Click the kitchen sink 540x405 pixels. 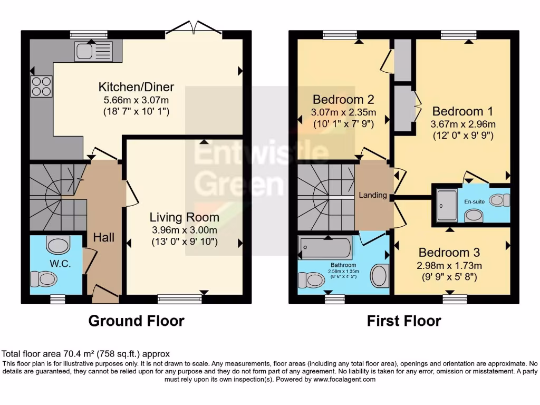[93, 51]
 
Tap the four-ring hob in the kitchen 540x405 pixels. [42, 86]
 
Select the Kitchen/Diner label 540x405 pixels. [136, 87]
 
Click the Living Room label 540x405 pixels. [184, 217]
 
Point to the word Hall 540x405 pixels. [104, 237]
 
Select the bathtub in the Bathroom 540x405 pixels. [325, 247]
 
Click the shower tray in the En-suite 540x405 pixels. [448, 206]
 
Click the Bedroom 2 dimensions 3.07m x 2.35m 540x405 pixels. [343, 112]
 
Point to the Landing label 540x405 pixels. [373, 195]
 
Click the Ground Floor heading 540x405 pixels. [136, 321]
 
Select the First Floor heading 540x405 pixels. [404, 321]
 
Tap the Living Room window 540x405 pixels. [179, 299]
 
